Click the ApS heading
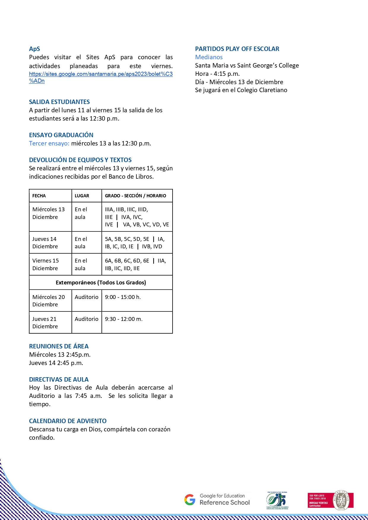[34, 49]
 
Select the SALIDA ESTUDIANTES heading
[59, 102]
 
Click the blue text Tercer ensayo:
[49, 143]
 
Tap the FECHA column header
[39, 196]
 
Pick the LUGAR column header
[82, 196]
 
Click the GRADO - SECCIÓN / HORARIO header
[136, 196]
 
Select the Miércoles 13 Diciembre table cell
[49, 213]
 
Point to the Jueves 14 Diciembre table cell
[45, 243]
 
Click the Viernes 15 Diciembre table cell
[46, 265]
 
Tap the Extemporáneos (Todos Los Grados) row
[101, 283]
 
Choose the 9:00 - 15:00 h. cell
[123, 297]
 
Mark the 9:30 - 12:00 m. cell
[124, 319]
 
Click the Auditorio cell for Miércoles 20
[87, 297]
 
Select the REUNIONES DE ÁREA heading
[59, 346]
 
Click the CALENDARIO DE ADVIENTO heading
[68, 421]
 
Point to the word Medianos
[209, 57]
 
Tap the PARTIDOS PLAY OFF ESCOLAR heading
[237, 49]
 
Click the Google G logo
[190, 500]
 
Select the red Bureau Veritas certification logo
[330, 500]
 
